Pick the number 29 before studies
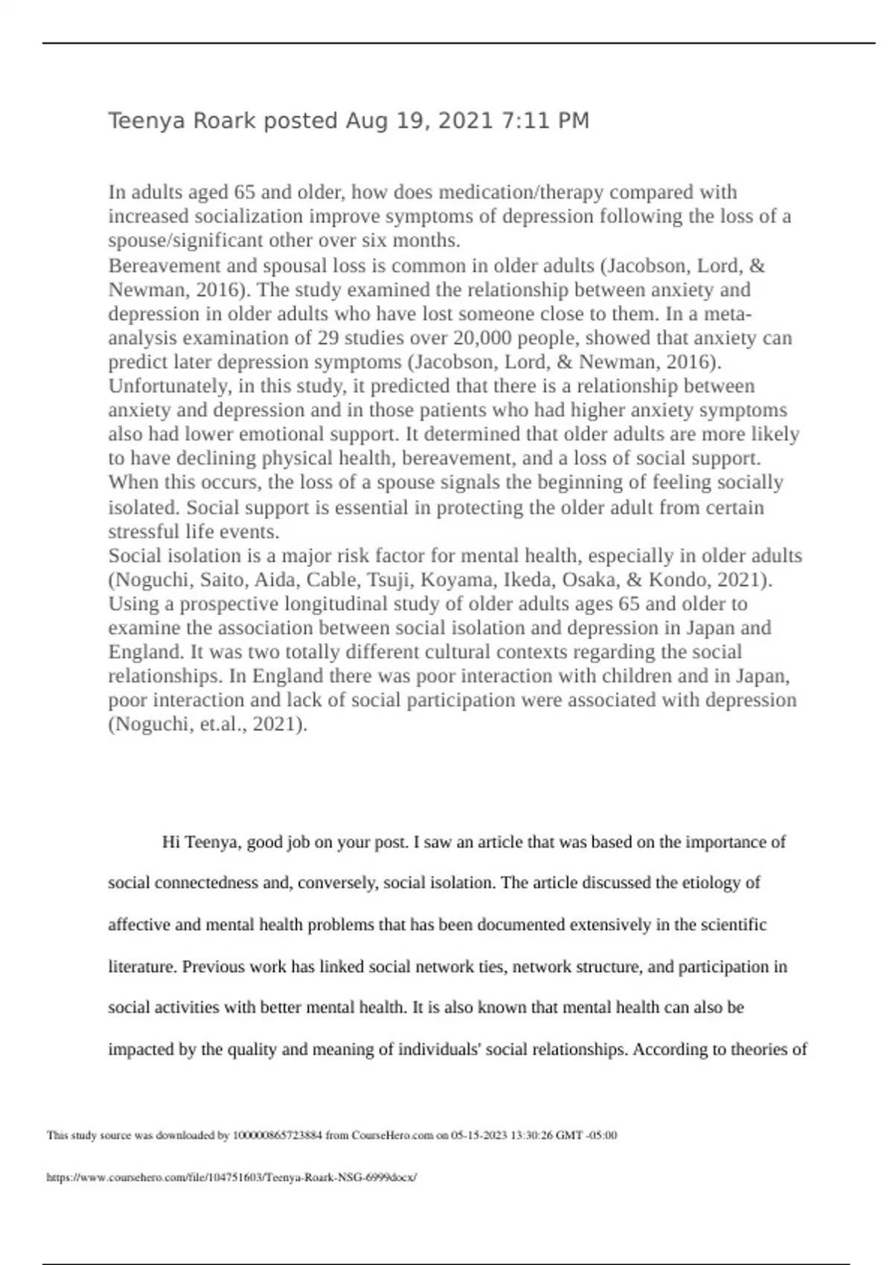click(328, 338)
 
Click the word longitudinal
click(336, 603)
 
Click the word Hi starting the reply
click(170, 842)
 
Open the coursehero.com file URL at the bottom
click(231, 1178)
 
